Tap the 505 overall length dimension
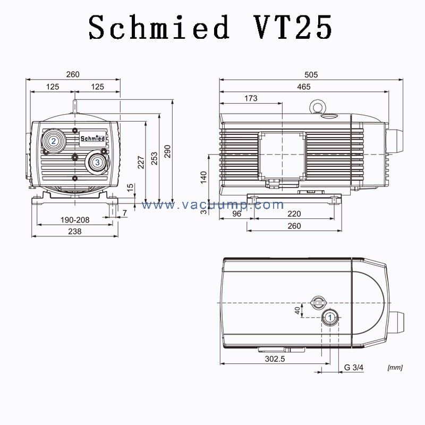tap(311, 75)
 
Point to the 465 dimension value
tap(304, 87)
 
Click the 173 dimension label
tap(250, 98)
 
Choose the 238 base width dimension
tap(74, 232)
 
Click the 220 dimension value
tap(294, 214)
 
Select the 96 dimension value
tap(237, 214)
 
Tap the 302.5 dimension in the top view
tap(275, 359)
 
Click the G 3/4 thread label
tap(354, 368)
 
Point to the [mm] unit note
tap(395, 368)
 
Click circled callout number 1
tap(330, 317)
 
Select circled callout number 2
tap(54, 141)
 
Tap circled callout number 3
tap(97, 162)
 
